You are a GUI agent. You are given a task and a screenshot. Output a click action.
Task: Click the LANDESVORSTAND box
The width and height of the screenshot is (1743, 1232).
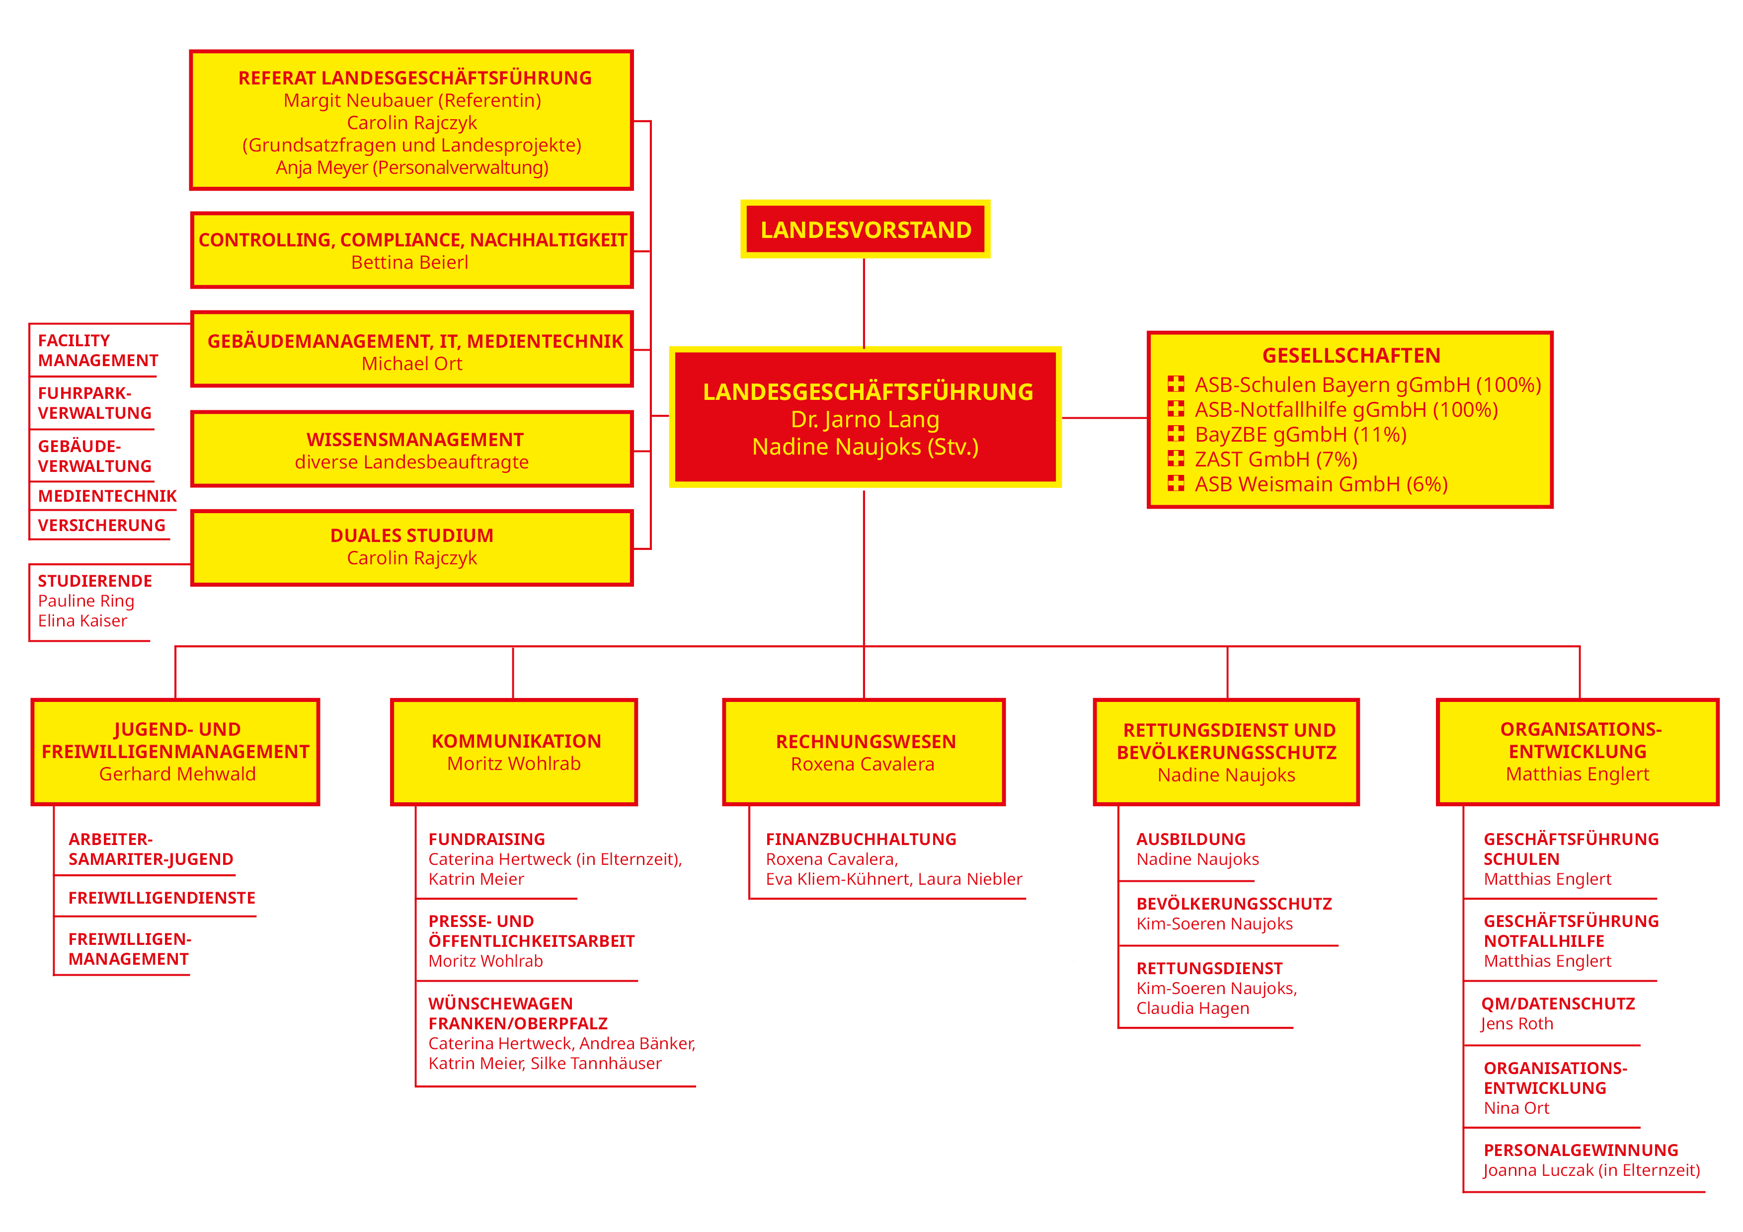pos(866,229)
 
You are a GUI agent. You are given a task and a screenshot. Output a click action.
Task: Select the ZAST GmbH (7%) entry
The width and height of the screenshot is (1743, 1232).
pos(1275,459)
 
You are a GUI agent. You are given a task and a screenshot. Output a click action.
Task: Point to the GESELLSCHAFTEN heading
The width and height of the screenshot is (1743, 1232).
pos(1350,355)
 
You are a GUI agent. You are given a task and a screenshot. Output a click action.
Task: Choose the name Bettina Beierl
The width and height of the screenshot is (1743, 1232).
pos(410,263)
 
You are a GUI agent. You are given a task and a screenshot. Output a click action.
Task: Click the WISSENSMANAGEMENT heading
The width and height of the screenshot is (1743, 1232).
pos(414,440)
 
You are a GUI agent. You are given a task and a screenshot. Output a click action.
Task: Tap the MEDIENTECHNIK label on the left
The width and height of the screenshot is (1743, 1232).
pos(107,496)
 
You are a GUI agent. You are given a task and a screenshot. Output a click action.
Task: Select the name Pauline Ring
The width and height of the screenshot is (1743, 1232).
pos(86,601)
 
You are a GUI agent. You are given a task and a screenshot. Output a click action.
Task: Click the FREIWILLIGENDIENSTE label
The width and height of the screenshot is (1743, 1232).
pos(161,898)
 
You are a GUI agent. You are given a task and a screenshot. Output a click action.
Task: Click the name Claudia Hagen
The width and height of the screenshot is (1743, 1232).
pos(1192,1009)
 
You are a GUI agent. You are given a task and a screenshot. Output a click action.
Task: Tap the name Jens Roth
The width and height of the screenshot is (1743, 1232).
pos(1517,1024)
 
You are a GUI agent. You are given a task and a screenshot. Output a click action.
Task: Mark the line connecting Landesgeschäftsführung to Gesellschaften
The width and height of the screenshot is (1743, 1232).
pos(1105,417)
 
